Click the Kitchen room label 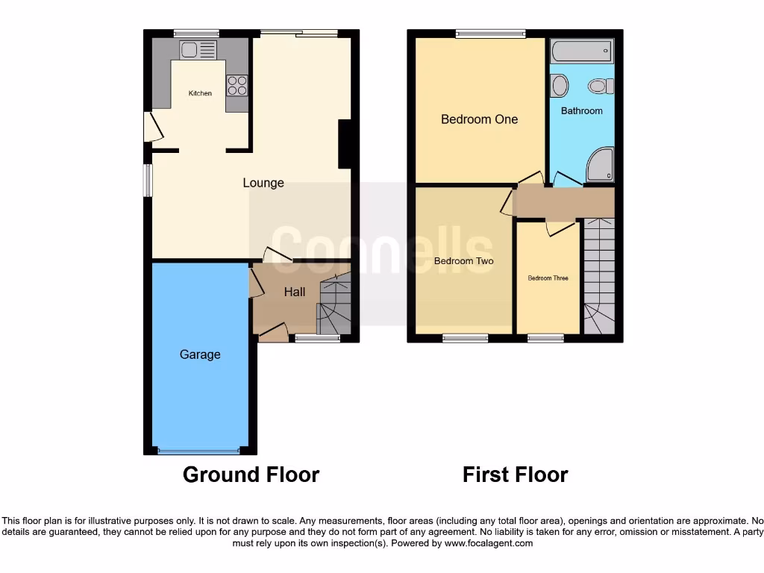click(200, 93)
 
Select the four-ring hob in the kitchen click(237, 85)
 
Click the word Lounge click(263, 183)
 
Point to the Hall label click(295, 292)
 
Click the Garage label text click(200, 354)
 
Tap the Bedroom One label click(479, 119)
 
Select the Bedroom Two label click(463, 261)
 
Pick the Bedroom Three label click(548, 278)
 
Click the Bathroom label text click(581, 111)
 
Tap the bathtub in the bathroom click(581, 51)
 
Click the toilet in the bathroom click(599, 87)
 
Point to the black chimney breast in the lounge click(345, 144)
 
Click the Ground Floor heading click(251, 475)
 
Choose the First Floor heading click(515, 475)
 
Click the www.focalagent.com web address click(489, 544)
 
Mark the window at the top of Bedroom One click(490, 33)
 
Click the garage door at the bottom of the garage click(199, 450)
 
